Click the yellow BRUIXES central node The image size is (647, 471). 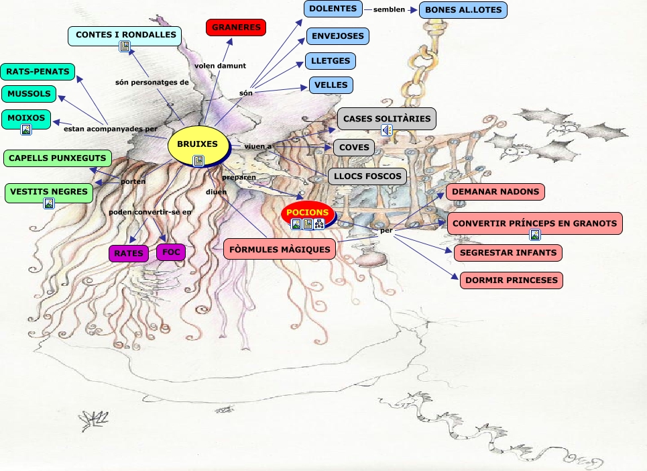pos(197,144)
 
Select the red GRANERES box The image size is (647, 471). pos(236,28)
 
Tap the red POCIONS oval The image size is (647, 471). pos(308,213)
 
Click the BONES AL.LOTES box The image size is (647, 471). pos(463,10)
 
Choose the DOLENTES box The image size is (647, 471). pos(333,9)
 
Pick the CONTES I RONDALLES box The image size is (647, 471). pos(125,35)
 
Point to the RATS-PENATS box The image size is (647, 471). pos(38,71)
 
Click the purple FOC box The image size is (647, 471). pos(170,252)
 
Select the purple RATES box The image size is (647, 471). pos(129,254)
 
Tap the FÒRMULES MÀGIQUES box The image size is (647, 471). pos(280,250)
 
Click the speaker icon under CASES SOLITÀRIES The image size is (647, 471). pos(387,130)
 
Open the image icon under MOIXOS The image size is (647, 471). pos(26,129)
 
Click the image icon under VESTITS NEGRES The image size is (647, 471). pos(49,203)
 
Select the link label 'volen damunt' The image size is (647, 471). pos(221,66)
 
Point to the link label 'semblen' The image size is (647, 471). pos(390,9)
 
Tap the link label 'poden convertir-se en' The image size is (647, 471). pos(150,212)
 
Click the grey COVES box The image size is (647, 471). pos(354,148)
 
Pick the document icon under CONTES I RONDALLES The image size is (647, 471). pos(124,46)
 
